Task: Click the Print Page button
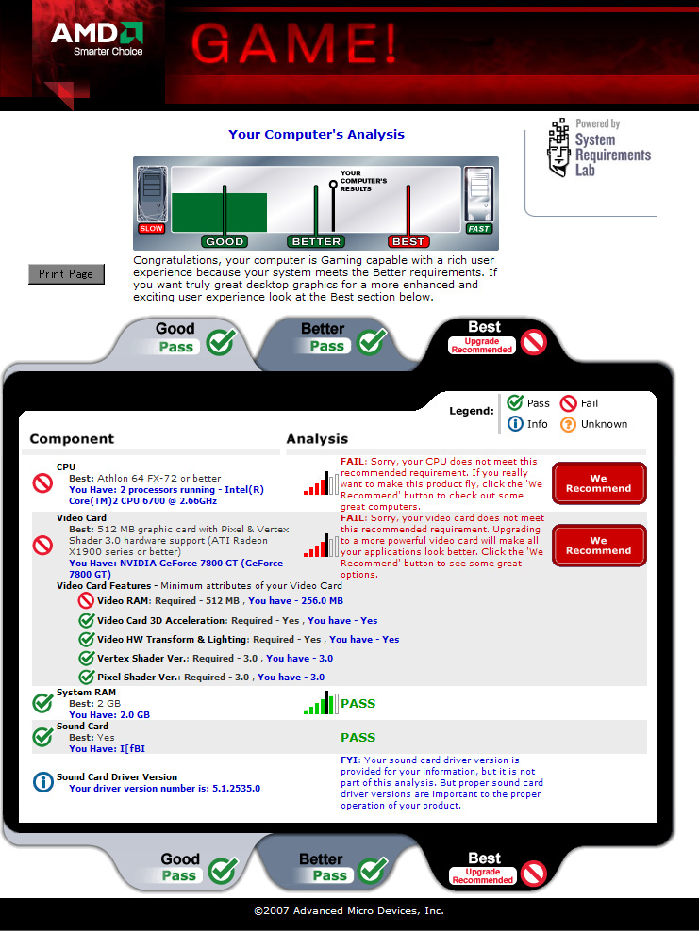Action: [x=66, y=274]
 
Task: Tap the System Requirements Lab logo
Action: [x=599, y=149]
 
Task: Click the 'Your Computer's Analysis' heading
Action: [x=316, y=135]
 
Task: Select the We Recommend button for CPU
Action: [x=599, y=483]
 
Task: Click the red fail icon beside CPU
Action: [x=42, y=483]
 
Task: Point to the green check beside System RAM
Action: [x=42, y=703]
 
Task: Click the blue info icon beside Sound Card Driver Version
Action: [x=42, y=782]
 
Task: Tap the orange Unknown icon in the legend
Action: [x=568, y=424]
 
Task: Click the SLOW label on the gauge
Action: [x=151, y=228]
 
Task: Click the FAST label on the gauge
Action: [x=479, y=228]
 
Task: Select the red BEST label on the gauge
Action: [x=408, y=241]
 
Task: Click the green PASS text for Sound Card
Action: [x=358, y=737]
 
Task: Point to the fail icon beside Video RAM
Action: [x=86, y=600]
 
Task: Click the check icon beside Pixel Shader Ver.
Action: [x=86, y=677]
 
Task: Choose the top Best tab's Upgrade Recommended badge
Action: [x=482, y=346]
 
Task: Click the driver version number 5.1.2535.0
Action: [x=223, y=789]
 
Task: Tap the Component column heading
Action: [x=72, y=438]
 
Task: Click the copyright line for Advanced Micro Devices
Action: [x=349, y=911]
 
